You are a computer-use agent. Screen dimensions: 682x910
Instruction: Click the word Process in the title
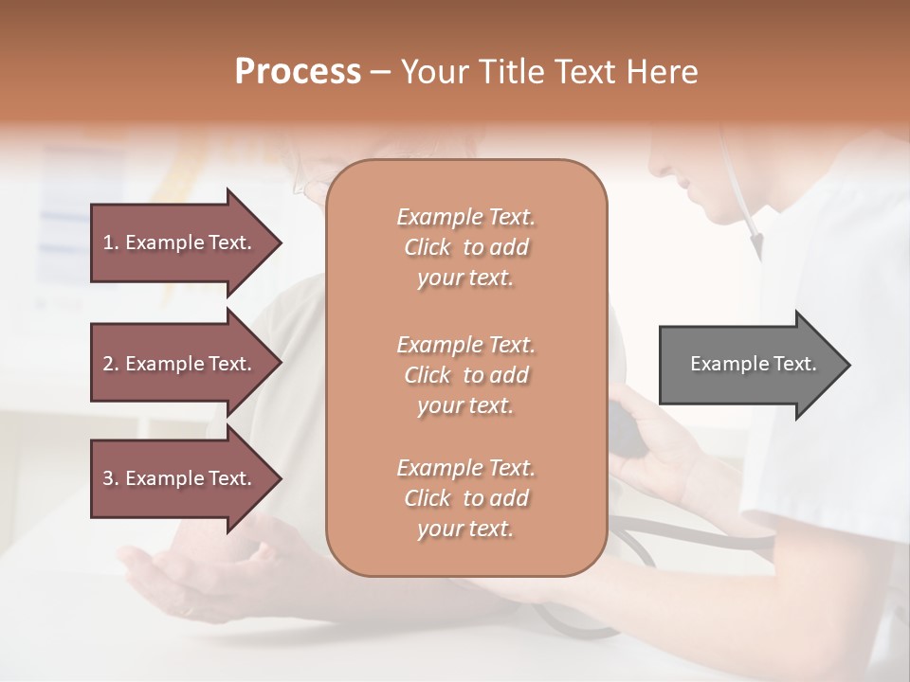[298, 72]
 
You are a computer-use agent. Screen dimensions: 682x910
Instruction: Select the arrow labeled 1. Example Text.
[180, 242]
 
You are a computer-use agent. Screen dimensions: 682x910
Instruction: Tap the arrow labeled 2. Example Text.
[180, 364]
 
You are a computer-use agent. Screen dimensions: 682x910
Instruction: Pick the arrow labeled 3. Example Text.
[180, 478]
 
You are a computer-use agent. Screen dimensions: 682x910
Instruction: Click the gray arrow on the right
[749, 364]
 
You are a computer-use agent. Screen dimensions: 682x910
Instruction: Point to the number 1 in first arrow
[108, 242]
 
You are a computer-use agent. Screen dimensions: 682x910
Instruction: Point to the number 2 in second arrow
[108, 364]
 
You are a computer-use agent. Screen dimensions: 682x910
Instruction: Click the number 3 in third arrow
[108, 478]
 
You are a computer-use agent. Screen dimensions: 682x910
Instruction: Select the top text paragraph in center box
[465, 247]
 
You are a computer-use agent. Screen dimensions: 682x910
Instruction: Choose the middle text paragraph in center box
[465, 375]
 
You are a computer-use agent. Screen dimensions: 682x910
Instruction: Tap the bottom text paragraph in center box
[465, 498]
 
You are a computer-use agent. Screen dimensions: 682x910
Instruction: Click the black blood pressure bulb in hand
[626, 430]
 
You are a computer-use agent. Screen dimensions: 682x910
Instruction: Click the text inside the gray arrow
[753, 364]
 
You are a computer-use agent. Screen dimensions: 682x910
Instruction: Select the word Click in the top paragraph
[428, 247]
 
